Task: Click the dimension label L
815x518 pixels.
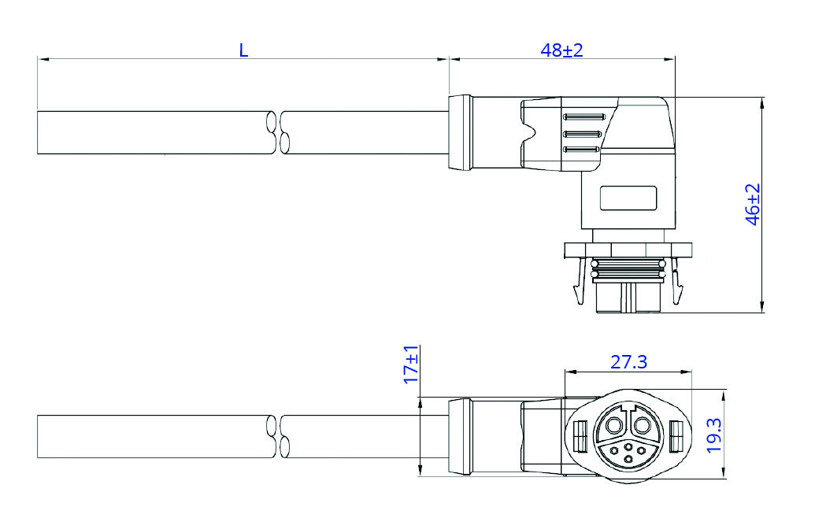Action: click(243, 50)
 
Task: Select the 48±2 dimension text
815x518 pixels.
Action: click(561, 50)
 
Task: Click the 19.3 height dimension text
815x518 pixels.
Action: click(713, 435)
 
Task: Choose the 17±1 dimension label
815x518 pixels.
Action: click(409, 364)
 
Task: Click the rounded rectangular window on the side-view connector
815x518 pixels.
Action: click(628, 198)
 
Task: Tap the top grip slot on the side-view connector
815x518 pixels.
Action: click(582, 117)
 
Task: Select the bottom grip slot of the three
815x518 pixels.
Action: click(582, 149)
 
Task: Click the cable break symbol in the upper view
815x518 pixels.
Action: click(277, 132)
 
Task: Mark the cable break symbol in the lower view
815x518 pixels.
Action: click(277, 436)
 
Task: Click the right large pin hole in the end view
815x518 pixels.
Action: click(643, 427)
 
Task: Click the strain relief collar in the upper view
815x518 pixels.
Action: click(460, 132)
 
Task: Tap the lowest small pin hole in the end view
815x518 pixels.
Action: click(628, 458)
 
